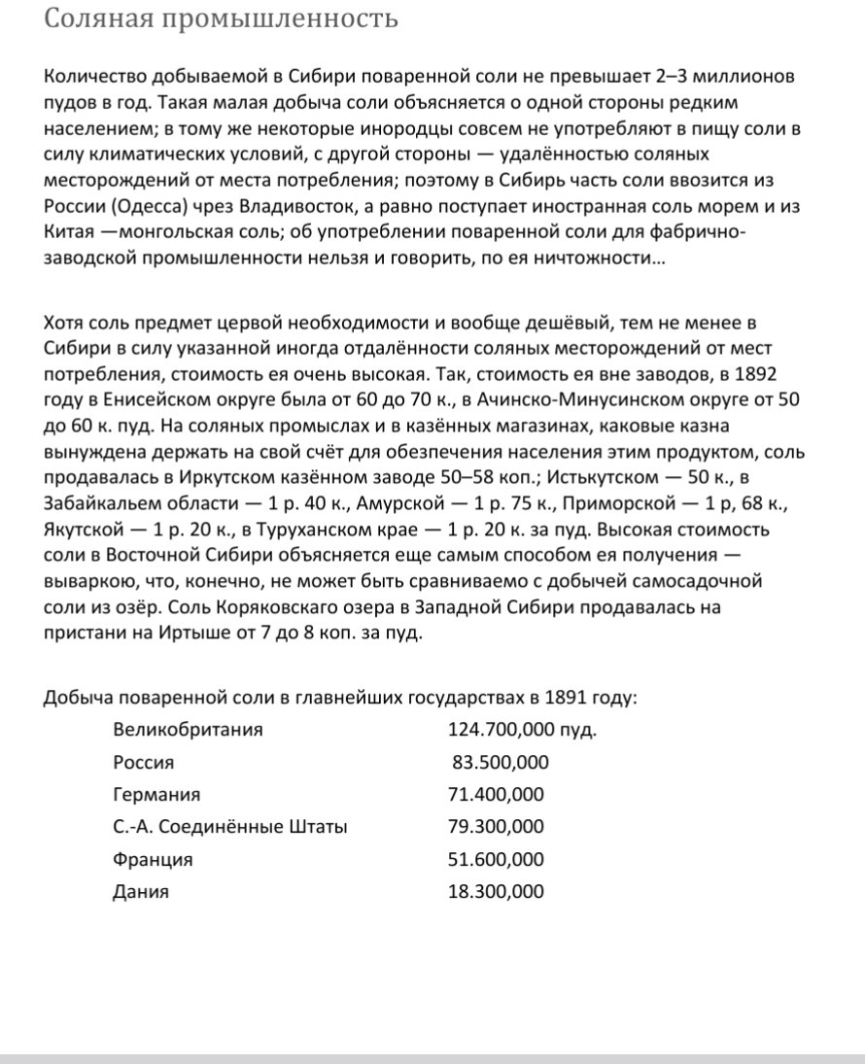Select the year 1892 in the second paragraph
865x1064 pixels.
(756, 374)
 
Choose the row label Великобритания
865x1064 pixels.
(188, 729)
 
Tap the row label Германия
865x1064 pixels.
(156, 794)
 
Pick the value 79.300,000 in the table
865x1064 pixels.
(496, 827)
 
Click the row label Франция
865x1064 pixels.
(153, 859)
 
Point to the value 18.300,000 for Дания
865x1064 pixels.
(496, 891)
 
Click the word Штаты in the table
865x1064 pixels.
(315, 827)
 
